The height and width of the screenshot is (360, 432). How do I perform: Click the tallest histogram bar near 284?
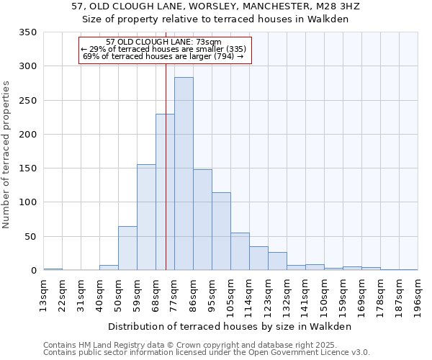point(184,173)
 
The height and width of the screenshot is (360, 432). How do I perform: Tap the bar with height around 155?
point(146,217)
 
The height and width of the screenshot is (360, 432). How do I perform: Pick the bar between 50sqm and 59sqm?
point(127,248)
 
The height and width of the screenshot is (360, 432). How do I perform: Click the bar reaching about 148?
point(202,220)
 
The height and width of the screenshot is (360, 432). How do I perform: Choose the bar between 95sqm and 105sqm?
point(221,231)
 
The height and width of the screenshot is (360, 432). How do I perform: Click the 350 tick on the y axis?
point(28,32)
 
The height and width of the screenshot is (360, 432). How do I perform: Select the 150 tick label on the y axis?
point(28,168)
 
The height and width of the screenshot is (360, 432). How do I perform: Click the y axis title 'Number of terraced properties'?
point(6,154)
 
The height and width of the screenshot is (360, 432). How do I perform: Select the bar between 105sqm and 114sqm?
point(240,251)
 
